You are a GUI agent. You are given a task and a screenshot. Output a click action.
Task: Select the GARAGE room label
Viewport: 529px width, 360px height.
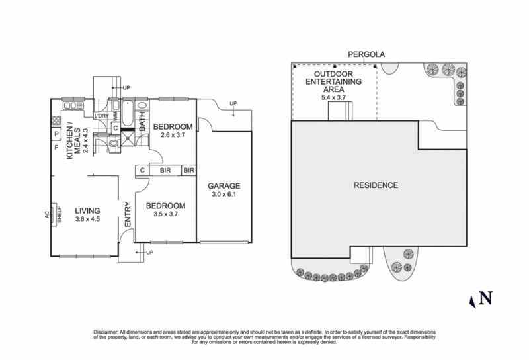[224, 186]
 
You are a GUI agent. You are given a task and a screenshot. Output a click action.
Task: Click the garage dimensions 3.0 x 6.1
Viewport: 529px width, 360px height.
[224, 195]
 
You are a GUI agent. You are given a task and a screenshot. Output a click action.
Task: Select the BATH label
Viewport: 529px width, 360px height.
[142, 122]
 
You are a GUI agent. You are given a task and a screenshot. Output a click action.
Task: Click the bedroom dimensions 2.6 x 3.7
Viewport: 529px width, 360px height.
[173, 136]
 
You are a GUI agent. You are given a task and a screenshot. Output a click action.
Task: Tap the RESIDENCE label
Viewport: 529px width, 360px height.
[374, 185]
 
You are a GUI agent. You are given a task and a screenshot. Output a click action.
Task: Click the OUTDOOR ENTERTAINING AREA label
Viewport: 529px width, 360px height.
[337, 82]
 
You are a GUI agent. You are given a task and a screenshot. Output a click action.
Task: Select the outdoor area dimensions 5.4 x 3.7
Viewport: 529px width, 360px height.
[337, 97]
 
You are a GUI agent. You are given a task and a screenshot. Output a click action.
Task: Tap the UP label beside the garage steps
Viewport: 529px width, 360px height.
[233, 104]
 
